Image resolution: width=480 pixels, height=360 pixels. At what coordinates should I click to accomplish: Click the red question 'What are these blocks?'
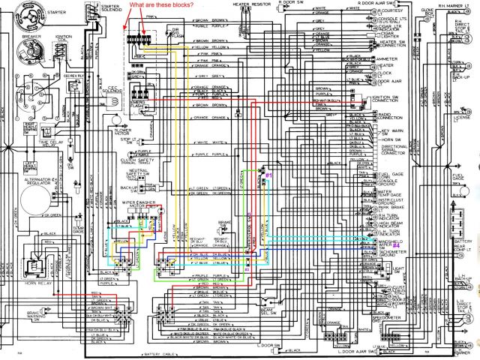pos(161,5)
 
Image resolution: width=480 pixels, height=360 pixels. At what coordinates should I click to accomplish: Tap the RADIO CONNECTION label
pos(385,116)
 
